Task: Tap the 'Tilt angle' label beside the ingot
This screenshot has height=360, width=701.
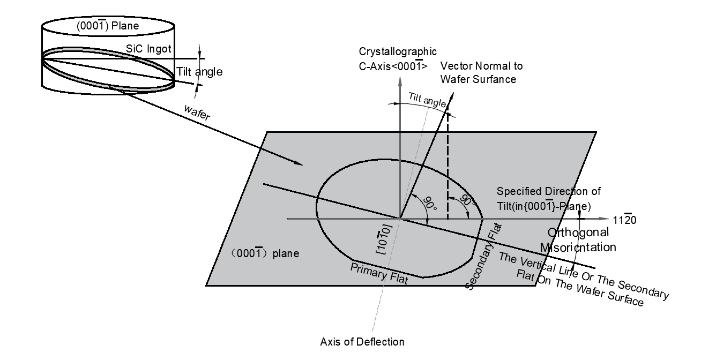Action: tap(199, 71)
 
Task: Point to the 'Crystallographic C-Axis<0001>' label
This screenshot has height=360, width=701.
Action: tap(398, 58)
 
